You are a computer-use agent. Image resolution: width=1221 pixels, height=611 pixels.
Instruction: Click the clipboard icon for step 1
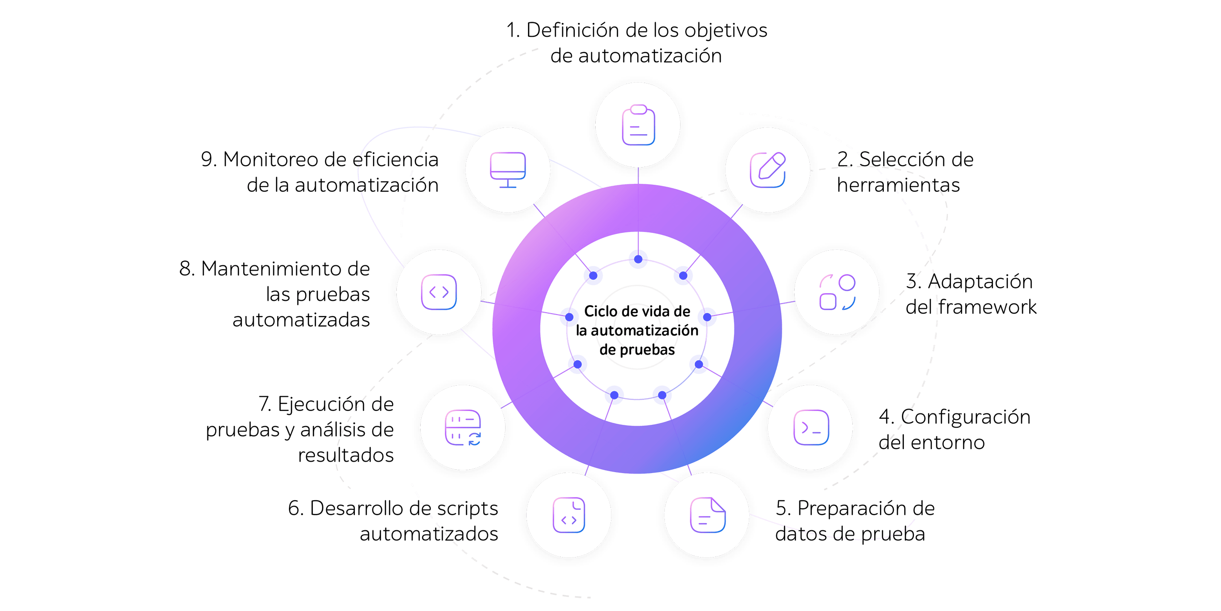pos(638,125)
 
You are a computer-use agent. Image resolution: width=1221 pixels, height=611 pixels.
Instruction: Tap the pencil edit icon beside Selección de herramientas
pos(768,169)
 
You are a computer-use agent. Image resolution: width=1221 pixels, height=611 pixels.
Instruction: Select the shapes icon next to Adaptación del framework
pos(837,292)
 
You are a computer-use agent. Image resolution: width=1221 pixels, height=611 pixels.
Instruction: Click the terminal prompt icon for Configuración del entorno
pos(811,427)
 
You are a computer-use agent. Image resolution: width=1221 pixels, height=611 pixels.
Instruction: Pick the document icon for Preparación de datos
pos(708,515)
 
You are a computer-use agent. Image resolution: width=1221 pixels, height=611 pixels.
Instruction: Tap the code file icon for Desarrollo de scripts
pos(569,515)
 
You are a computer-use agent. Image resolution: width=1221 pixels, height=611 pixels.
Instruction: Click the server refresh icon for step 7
pos(463,428)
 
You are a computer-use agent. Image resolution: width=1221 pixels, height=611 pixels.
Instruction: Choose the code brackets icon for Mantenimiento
pos(439,292)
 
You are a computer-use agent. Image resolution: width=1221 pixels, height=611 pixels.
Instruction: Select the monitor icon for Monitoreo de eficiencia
pos(508,169)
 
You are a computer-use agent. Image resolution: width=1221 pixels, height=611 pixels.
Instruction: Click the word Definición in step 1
pos(572,30)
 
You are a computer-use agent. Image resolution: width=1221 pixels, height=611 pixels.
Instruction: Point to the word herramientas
pos(898,185)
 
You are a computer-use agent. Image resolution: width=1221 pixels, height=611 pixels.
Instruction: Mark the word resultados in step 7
pos(346,455)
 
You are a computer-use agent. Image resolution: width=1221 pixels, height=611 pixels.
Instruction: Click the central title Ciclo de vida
pos(637,311)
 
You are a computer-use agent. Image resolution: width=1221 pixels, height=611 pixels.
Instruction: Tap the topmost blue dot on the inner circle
pos(638,260)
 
